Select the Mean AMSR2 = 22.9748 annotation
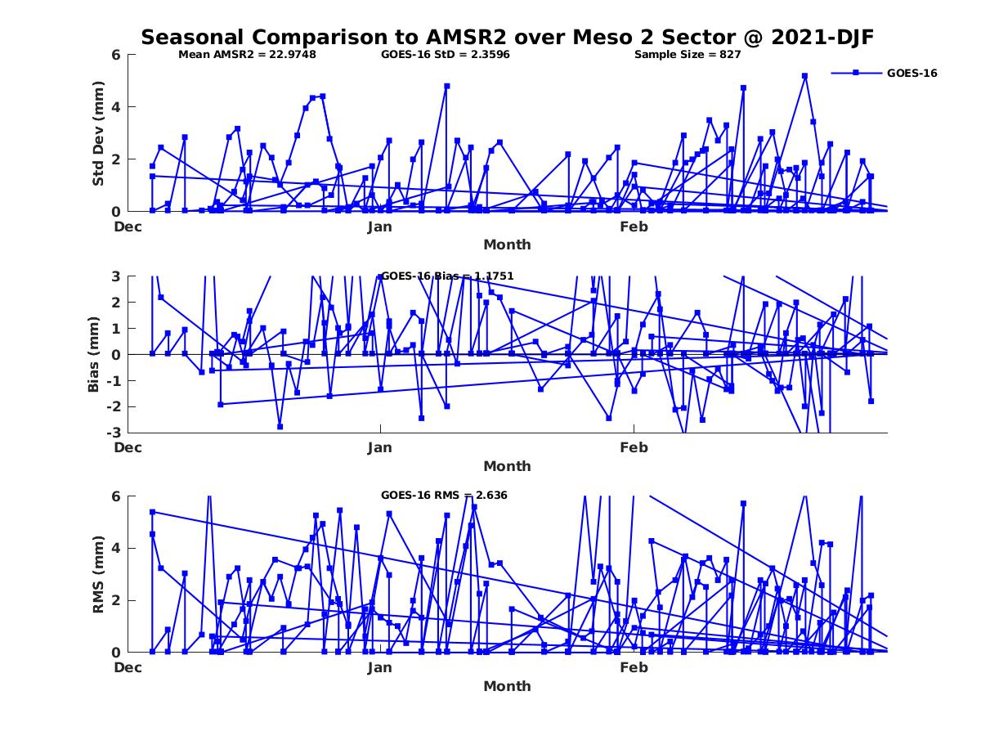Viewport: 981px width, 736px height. pyautogui.click(x=247, y=55)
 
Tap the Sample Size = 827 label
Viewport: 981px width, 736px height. pyautogui.click(x=688, y=55)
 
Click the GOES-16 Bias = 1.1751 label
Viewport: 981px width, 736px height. pyautogui.click(x=447, y=276)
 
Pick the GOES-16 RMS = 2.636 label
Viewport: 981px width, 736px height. pyautogui.click(x=444, y=495)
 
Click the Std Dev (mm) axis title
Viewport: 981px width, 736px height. pyautogui.click(x=98, y=133)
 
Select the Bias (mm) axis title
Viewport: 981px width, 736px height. pyautogui.click(x=93, y=355)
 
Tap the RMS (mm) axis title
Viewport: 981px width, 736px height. pyautogui.click(x=98, y=575)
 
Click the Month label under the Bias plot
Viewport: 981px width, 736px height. pyautogui.click(x=507, y=466)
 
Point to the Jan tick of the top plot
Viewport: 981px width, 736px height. pyautogui.click(x=380, y=227)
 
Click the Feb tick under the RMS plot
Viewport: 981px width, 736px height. pyautogui.click(x=634, y=667)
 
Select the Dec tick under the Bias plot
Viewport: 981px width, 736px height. pyautogui.click(x=128, y=447)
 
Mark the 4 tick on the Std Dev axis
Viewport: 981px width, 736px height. pyautogui.click(x=115, y=107)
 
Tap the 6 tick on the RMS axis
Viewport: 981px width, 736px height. pyautogui.click(x=115, y=496)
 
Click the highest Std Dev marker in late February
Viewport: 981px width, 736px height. pyautogui.click(x=804, y=76)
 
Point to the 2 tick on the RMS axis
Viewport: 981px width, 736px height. pyautogui.click(x=115, y=600)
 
